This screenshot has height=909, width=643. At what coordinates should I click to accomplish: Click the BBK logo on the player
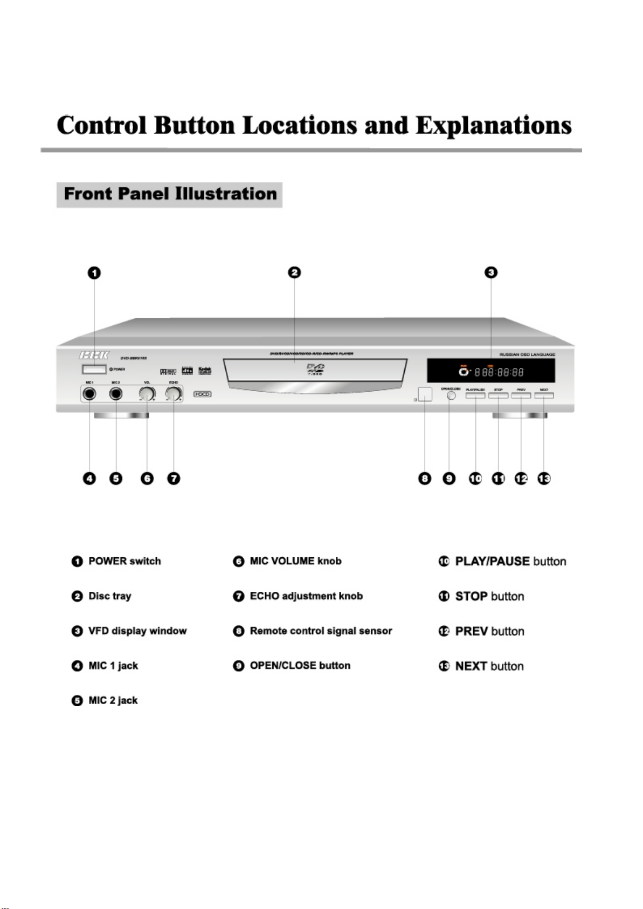coord(94,355)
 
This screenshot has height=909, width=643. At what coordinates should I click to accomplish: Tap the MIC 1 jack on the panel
coord(89,394)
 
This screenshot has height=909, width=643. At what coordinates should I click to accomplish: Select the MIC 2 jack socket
coord(116,394)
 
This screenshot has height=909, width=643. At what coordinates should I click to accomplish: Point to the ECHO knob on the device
coord(173,394)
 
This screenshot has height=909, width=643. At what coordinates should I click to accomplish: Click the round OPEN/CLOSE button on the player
coord(451,395)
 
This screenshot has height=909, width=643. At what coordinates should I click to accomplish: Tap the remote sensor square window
coord(425,394)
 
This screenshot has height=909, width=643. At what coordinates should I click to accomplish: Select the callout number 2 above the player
coord(294,273)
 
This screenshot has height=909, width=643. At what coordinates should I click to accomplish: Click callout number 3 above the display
coord(491,273)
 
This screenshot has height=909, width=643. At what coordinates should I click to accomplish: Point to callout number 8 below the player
coord(425,479)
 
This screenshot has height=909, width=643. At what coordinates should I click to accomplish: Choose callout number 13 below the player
coord(544,479)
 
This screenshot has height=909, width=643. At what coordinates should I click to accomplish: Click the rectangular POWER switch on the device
coord(94,369)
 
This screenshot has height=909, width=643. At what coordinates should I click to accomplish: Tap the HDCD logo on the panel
coord(202,394)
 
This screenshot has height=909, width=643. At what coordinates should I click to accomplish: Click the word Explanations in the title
coord(493,125)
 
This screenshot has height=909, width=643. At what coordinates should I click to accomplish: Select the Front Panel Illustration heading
coord(170,194)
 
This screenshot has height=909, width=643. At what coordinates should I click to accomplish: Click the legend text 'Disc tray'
coord(110,596)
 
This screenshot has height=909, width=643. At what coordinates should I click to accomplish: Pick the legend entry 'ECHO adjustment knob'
coord(306,596)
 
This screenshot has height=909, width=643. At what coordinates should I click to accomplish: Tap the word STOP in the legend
coord(472,596)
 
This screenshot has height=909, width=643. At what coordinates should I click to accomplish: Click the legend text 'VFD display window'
coord(137,631)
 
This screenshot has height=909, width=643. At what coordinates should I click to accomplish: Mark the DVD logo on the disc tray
coord(315,370)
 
